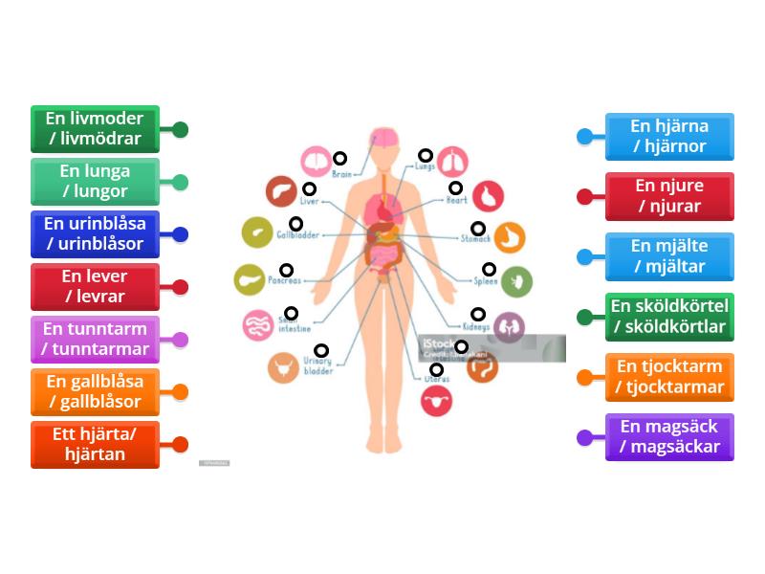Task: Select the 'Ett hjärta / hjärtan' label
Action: click(x=95, y=445)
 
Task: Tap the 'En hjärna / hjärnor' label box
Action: click(x=669, y=137)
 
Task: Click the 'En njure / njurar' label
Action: click(x=669, y=196)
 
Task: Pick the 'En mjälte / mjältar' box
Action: click(x=669, y=256)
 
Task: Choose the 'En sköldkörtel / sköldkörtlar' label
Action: click(x=669, y=317)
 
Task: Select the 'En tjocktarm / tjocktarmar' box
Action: click(x=669, y=377)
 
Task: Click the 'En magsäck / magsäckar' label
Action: click(x=669, y=437)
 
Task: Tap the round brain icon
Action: click(x=317, y=161)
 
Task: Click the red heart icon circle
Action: click(x=489, y=196)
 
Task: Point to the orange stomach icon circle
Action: click(x=510, y=236)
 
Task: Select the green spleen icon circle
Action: click(x=516, y=280)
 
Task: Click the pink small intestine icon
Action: click(x=258, y=326)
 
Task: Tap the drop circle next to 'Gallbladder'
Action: click(x=296, y=224)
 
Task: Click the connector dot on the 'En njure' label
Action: click(x=585, y=196)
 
